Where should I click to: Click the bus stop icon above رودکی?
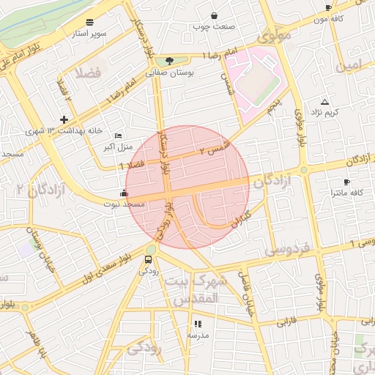coord(149,259)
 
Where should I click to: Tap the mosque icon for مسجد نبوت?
coord(123,193)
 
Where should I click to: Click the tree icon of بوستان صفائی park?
coord(170,62)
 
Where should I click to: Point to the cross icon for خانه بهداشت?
coord(64,119)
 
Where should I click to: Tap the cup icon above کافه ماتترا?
coord(346,182)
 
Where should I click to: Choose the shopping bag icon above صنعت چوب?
coord(214,16)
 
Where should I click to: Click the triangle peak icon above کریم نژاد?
coord(325,101)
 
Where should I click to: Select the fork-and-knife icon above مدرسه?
coord(197,323)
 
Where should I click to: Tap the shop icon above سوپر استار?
coord(89,22)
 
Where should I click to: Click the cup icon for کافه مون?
coord(328,7)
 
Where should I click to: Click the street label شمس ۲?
coord(215,149)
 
